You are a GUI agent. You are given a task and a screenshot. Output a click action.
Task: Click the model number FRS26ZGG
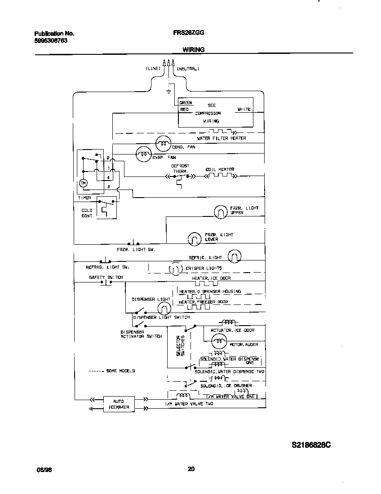coord(188,33)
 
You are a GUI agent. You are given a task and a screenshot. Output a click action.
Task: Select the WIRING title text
coord(193,50)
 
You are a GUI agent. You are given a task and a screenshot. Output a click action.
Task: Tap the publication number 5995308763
coord(51,40)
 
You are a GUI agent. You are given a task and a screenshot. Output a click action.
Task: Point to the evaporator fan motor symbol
coord(143,154)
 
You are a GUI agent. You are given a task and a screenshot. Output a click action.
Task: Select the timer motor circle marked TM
coord(83,183)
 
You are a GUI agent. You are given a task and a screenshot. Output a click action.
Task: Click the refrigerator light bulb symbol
coord(234,257)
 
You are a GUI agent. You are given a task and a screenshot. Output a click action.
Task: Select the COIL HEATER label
coord(220,170)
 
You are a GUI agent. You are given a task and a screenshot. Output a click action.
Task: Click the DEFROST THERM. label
coord(180,168)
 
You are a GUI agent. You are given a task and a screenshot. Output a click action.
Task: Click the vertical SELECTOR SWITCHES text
coord(180,346)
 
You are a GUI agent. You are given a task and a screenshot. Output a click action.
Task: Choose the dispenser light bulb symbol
coord(164,307)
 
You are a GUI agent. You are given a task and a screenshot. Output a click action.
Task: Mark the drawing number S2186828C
coord(311,445)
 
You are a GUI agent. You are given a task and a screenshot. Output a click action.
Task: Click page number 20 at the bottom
coord(190,470)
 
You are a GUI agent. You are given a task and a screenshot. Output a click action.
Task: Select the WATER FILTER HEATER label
coord(221,138)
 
